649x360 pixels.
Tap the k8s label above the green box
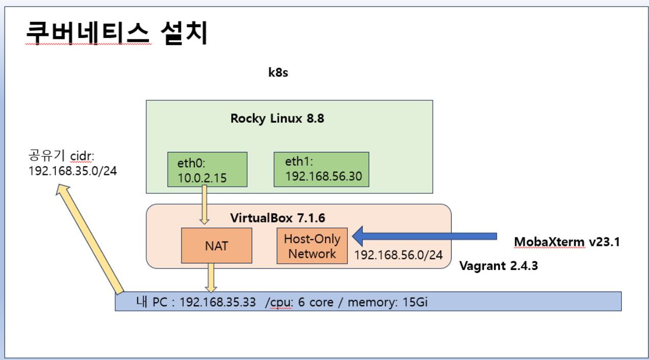278,73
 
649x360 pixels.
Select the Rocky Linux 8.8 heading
277,119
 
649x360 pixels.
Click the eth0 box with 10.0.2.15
207,169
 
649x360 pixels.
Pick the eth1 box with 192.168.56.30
321,169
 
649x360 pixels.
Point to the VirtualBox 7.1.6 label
278,218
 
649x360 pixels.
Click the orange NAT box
216,246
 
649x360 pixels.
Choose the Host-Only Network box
312,246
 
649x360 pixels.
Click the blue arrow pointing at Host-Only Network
424,236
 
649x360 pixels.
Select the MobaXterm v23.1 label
567,242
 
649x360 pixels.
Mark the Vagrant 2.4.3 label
499,266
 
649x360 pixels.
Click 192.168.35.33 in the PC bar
217,302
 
